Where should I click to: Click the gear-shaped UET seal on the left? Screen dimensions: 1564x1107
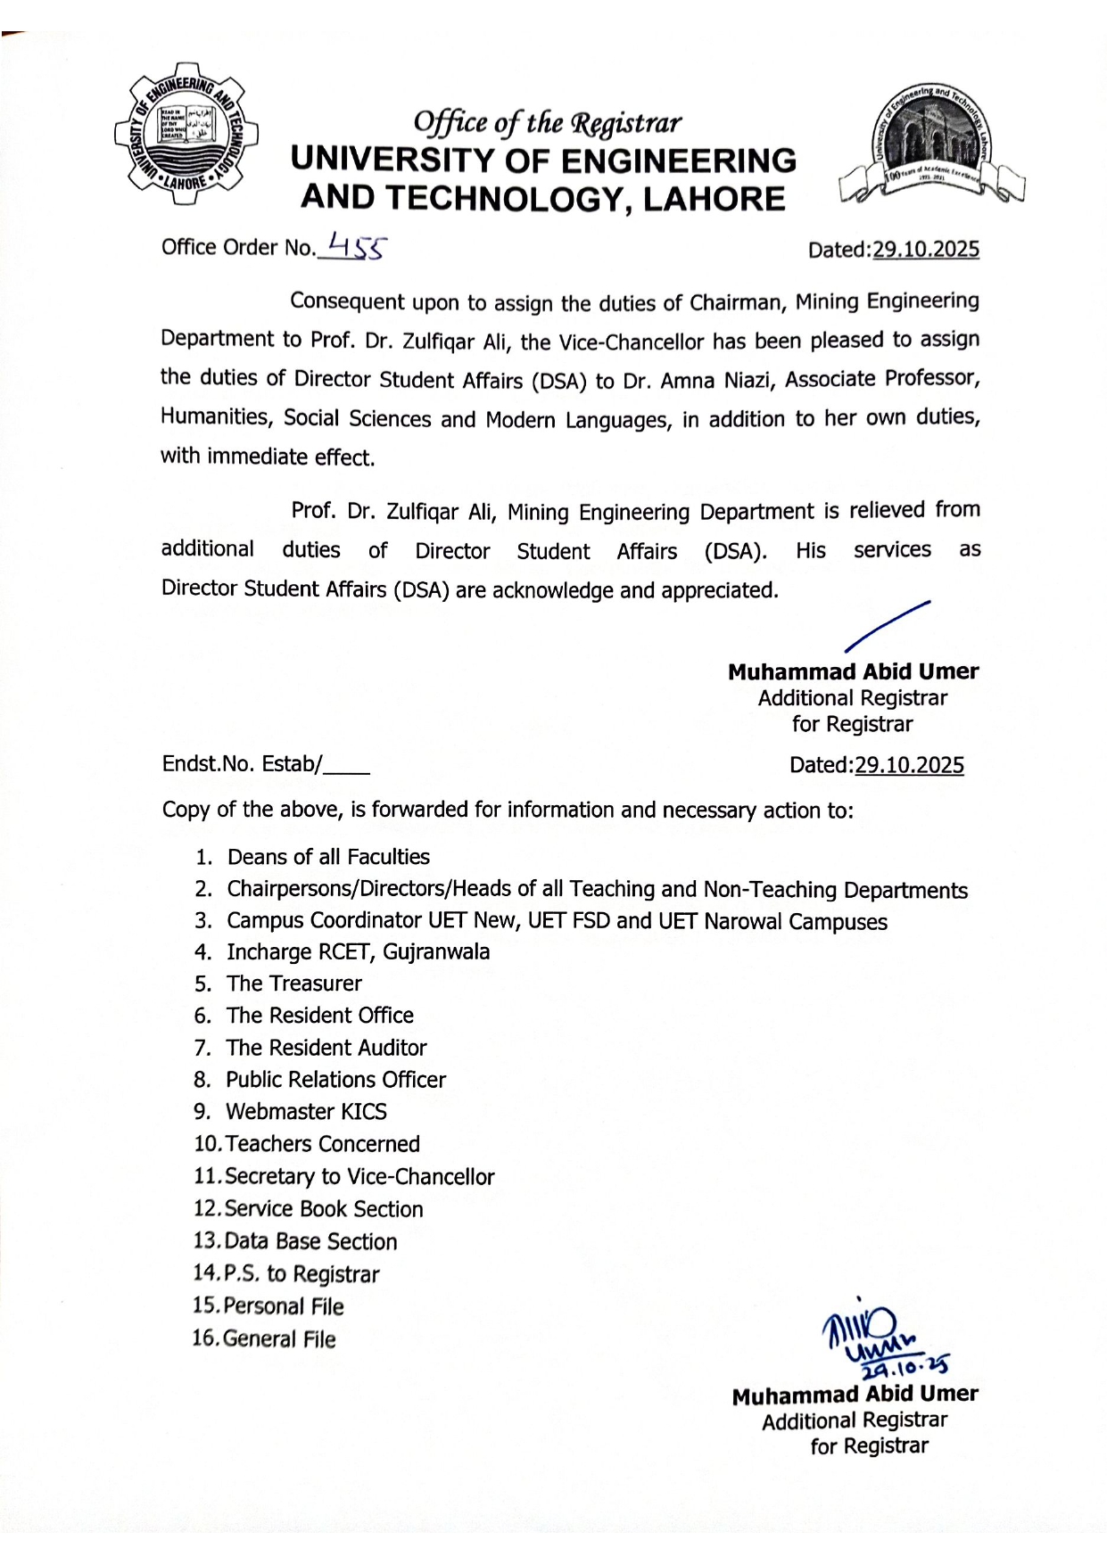pyautogui.click(x=186, y=133)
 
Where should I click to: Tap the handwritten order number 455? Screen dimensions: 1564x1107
pyautogui.click(x=356, y=244)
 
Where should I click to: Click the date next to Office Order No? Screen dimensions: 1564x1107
pyautogui.click(x=925, y=250)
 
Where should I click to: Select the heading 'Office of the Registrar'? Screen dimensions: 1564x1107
pyautogui.click(x=547, y=122)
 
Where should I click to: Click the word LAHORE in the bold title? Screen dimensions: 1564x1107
pyautogui.click(x=714, y=199)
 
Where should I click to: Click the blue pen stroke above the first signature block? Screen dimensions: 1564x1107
pyautogui.click(x=887, y=626)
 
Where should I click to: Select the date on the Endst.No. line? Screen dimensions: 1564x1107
pyautogui.click(x=909, y=765)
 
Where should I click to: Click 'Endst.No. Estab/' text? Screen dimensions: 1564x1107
pyautogui.click(x=242, y=764)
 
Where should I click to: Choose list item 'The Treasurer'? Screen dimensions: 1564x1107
pyautogui.click(x=293, y=984)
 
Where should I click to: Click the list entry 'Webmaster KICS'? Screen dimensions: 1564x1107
pyautogui.click(x=306, y=1112)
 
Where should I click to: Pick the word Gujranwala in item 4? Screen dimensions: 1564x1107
pyautogui.click(x=436, y=952)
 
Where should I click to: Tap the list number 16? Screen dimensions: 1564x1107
pyautogui.click(x=205, y=1338)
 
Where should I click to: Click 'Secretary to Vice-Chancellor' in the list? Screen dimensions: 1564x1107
pyautogui.click(x=359, y=1177)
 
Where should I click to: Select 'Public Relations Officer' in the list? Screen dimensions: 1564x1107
pyautogui.click(x=335, y=1080)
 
